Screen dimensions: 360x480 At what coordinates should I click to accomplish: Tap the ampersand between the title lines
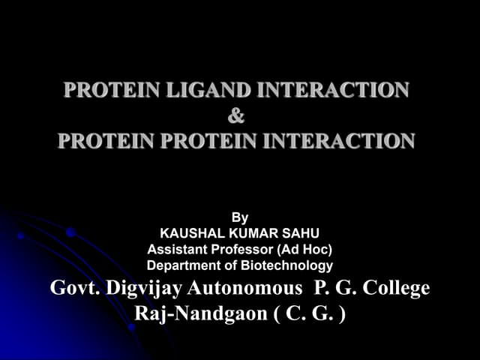click(235, 116)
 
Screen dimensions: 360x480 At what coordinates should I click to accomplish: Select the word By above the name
click(240, 218)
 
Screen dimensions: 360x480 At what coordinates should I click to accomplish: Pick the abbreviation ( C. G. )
click(309, 313)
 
